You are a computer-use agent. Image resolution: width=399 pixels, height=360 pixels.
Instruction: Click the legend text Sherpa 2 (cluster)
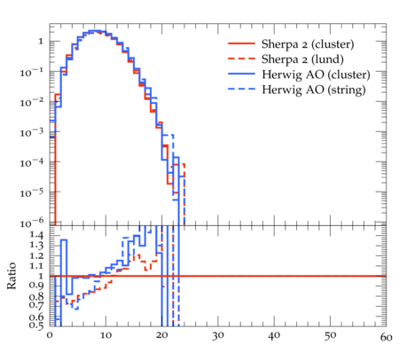tap(308, 44)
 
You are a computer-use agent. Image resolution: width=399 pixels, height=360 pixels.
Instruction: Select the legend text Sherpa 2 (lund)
tap(302, 59)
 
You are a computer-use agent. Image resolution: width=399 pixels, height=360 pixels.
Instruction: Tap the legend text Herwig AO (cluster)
tap(316, 74)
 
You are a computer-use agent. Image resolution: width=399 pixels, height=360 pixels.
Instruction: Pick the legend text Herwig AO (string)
tap(314, 90)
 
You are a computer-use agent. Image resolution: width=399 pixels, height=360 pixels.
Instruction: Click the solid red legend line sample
tap(241, 43)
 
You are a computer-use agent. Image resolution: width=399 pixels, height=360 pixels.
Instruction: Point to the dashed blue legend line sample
tap(241, 89)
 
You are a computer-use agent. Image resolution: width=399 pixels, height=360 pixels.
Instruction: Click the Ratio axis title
tap(12, 276)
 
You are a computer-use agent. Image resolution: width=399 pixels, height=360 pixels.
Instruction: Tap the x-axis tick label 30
tap(218, 336)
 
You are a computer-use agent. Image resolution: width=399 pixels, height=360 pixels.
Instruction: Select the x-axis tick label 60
tap(386, 337)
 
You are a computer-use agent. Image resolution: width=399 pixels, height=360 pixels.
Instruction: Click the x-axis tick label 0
tap(50, 335)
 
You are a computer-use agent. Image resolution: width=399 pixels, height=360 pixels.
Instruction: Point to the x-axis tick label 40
tap(274, 336)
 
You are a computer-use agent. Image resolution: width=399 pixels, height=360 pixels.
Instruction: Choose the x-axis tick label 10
tap(106, 335)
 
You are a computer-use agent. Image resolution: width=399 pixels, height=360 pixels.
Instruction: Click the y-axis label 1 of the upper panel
tap(41, 41)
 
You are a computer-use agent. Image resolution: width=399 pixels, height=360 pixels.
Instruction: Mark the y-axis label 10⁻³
tap(32, 132)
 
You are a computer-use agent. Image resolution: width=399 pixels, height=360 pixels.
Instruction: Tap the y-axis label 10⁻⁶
tap(32, 223)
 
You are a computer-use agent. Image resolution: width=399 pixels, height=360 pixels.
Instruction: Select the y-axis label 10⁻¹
tap(32, 72)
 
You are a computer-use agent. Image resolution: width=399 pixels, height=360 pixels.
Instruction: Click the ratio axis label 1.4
tap(36, 235)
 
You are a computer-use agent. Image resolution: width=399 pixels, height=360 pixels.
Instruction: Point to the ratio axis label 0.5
tap(36, 325)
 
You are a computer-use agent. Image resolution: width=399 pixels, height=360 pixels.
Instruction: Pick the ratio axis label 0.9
tap(36, 286)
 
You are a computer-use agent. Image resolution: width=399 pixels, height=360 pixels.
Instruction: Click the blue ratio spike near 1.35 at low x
tap(64, 239)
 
